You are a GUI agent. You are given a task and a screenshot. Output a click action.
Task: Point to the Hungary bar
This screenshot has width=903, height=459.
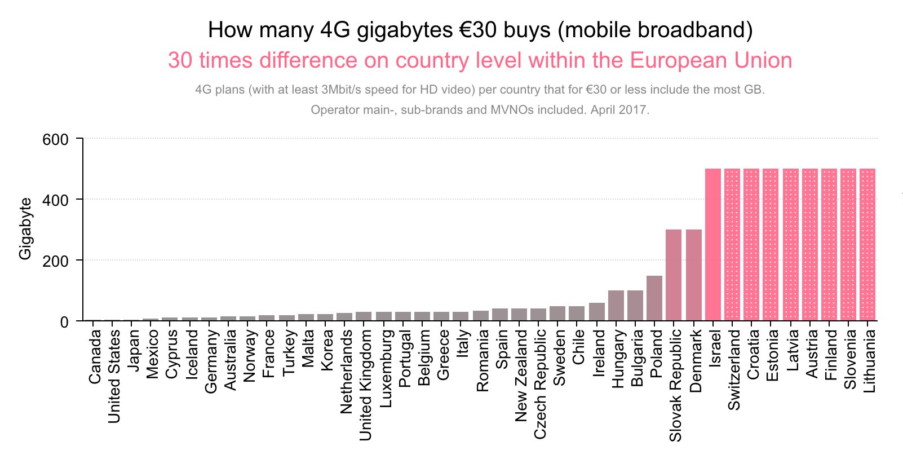616,305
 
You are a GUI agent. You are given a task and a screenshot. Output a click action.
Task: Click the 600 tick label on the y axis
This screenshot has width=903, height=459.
55,139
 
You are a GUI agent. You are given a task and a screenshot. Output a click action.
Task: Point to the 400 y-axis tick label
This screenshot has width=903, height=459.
55,200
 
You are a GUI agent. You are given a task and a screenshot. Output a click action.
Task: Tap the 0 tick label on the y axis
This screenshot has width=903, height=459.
64,322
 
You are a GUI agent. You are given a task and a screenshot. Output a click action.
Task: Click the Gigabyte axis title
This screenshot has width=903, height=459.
25,228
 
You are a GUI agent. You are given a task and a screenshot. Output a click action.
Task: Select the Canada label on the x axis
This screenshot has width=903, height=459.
95,357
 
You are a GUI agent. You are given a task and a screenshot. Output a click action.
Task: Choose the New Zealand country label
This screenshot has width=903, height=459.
521,376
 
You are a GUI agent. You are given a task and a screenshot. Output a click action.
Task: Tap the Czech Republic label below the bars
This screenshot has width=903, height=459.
541,384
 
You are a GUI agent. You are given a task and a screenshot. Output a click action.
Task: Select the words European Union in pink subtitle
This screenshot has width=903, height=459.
711,60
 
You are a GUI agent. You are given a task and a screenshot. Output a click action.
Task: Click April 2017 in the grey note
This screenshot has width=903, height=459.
619,109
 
